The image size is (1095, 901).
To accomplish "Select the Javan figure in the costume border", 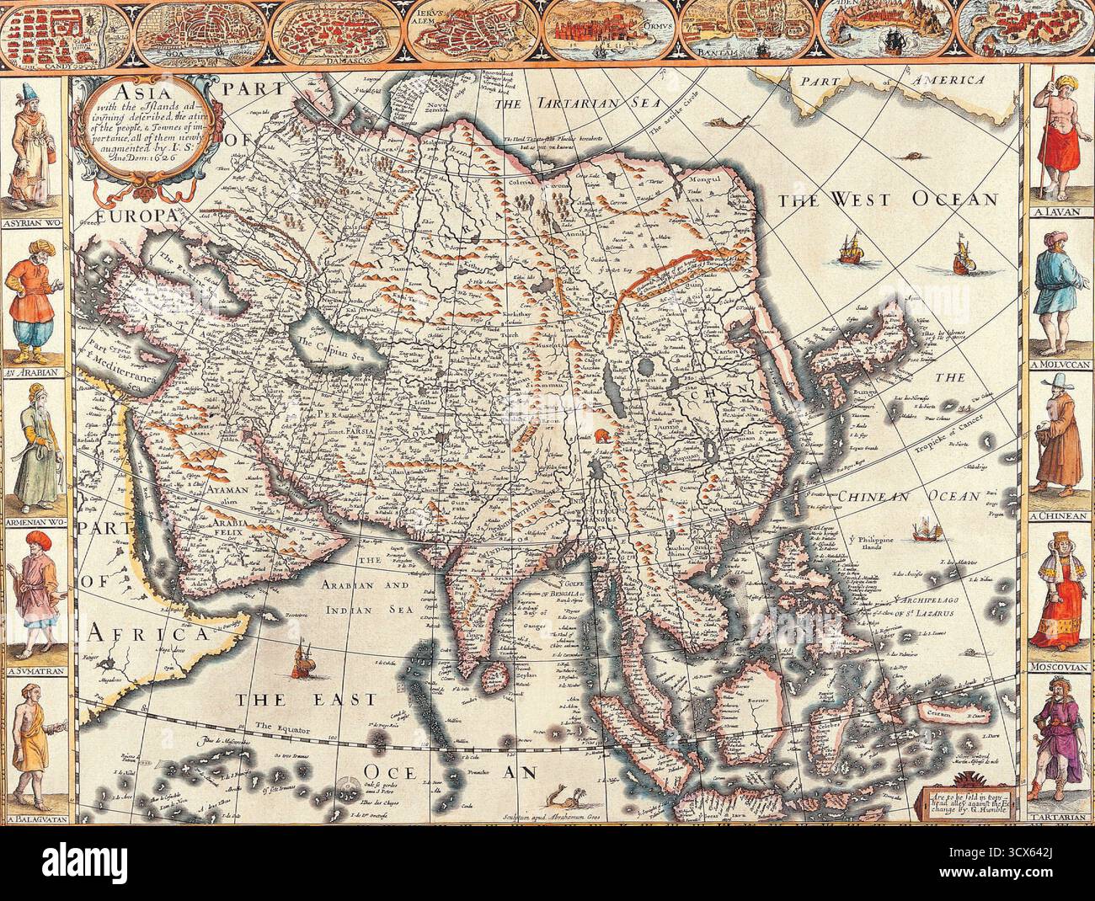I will point(1060,143).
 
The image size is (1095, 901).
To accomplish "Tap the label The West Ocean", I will point(886,200).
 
